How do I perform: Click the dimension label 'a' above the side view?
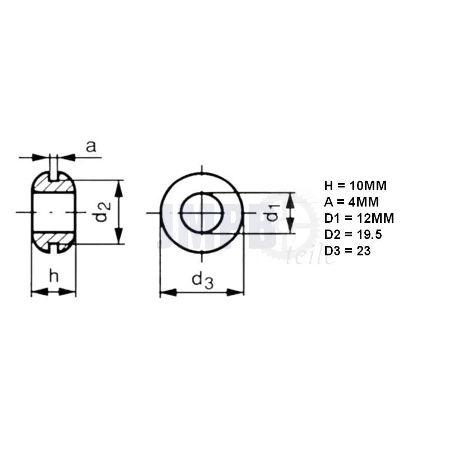[91, 146]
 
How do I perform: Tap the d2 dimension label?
[103, 212]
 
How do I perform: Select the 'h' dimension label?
[54, 276]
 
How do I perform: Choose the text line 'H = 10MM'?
[355, 186]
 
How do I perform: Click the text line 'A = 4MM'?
[351, 202]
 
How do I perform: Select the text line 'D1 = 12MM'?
[359, 218]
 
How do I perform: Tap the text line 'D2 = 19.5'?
[353, 235]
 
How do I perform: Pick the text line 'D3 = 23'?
[347, 251]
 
